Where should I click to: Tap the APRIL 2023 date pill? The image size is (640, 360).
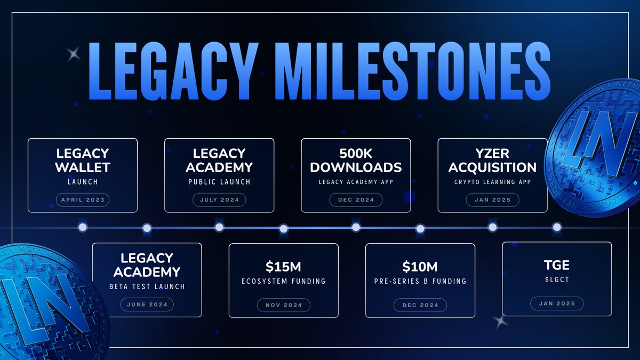pyautogui.click(x=83, y=201)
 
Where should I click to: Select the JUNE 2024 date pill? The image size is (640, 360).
pyautogui.click(x=147, y=305)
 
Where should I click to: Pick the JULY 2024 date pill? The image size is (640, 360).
pyautogui.click(x=219, y=201)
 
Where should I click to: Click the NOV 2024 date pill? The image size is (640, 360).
pyautogui.click(x=283, y=305)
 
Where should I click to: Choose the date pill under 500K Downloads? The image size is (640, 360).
pyautogui.click(x=356, y=201)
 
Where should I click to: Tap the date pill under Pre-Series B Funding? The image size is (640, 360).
pyautogui.click(x=420, y=305)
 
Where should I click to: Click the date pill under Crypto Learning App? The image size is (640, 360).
pyautogui.click(x=492, y=201)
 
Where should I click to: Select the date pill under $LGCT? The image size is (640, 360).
pyautogui.click(x=557, y=304)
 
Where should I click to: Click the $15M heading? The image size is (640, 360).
pyautogui.click(x=283, y=267)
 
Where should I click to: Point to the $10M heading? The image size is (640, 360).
pyautogui.click(x=420, y=267)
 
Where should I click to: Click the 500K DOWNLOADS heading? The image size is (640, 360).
pyautogui.click(x=356, y=160)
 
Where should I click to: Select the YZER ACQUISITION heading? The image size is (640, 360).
pyautogui.click(x=492, y=160)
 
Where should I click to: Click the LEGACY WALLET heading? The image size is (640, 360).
pyautogui.click(x=83, y=160)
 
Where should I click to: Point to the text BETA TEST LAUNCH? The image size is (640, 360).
pyautogui.click(x=147, y=286)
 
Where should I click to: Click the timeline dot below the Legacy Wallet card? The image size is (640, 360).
pyautogui.click(x=83, y=227)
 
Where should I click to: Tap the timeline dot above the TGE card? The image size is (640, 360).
pyautogui.click(x=557, y=227)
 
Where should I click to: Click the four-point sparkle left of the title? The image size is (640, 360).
pyautogui.click(x=73, y=53)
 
